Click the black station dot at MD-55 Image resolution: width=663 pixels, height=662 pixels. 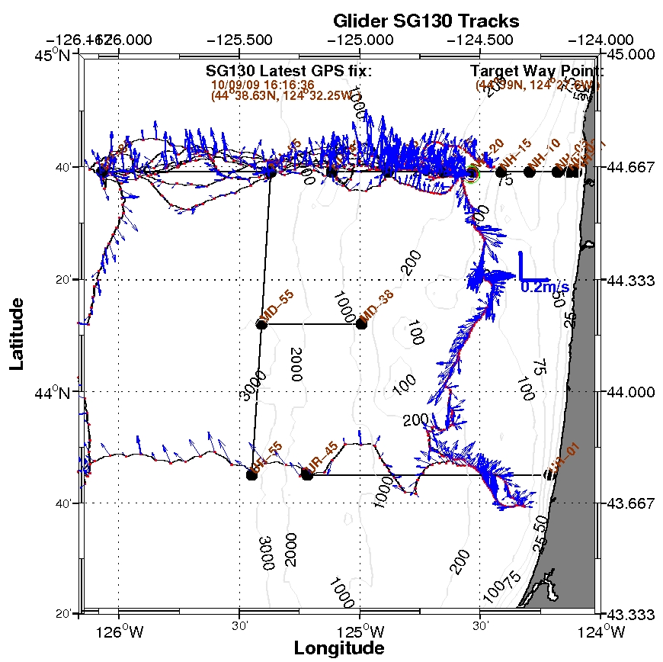(x=261, y=325)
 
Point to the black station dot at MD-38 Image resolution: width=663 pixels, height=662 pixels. (x=361, y=324)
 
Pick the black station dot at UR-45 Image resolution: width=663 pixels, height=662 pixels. (x=307, y=474)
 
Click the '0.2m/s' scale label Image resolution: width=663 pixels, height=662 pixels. (x=544, y=288)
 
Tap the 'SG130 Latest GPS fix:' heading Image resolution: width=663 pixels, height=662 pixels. (x=289, y=71)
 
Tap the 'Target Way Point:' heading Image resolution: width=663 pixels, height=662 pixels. (x=536, y=71)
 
